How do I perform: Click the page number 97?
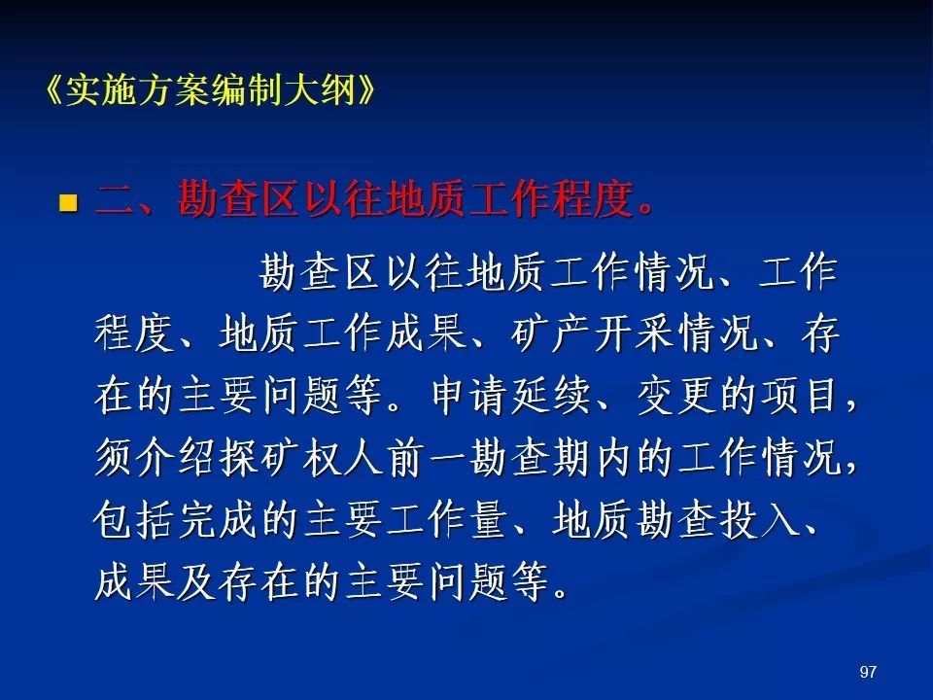pos(868,672)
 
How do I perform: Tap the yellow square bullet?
pos(68,202)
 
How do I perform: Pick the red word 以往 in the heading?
pos(343,198)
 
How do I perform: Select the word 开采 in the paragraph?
pos(635,332)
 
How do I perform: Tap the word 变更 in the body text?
pos(676,396)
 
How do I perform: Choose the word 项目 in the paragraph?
pos(801,396)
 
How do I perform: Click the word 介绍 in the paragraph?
pos(176,457)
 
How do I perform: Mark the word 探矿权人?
pos(301,457)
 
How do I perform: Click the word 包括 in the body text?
pos(134,520)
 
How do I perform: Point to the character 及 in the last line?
pos(197,582)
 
